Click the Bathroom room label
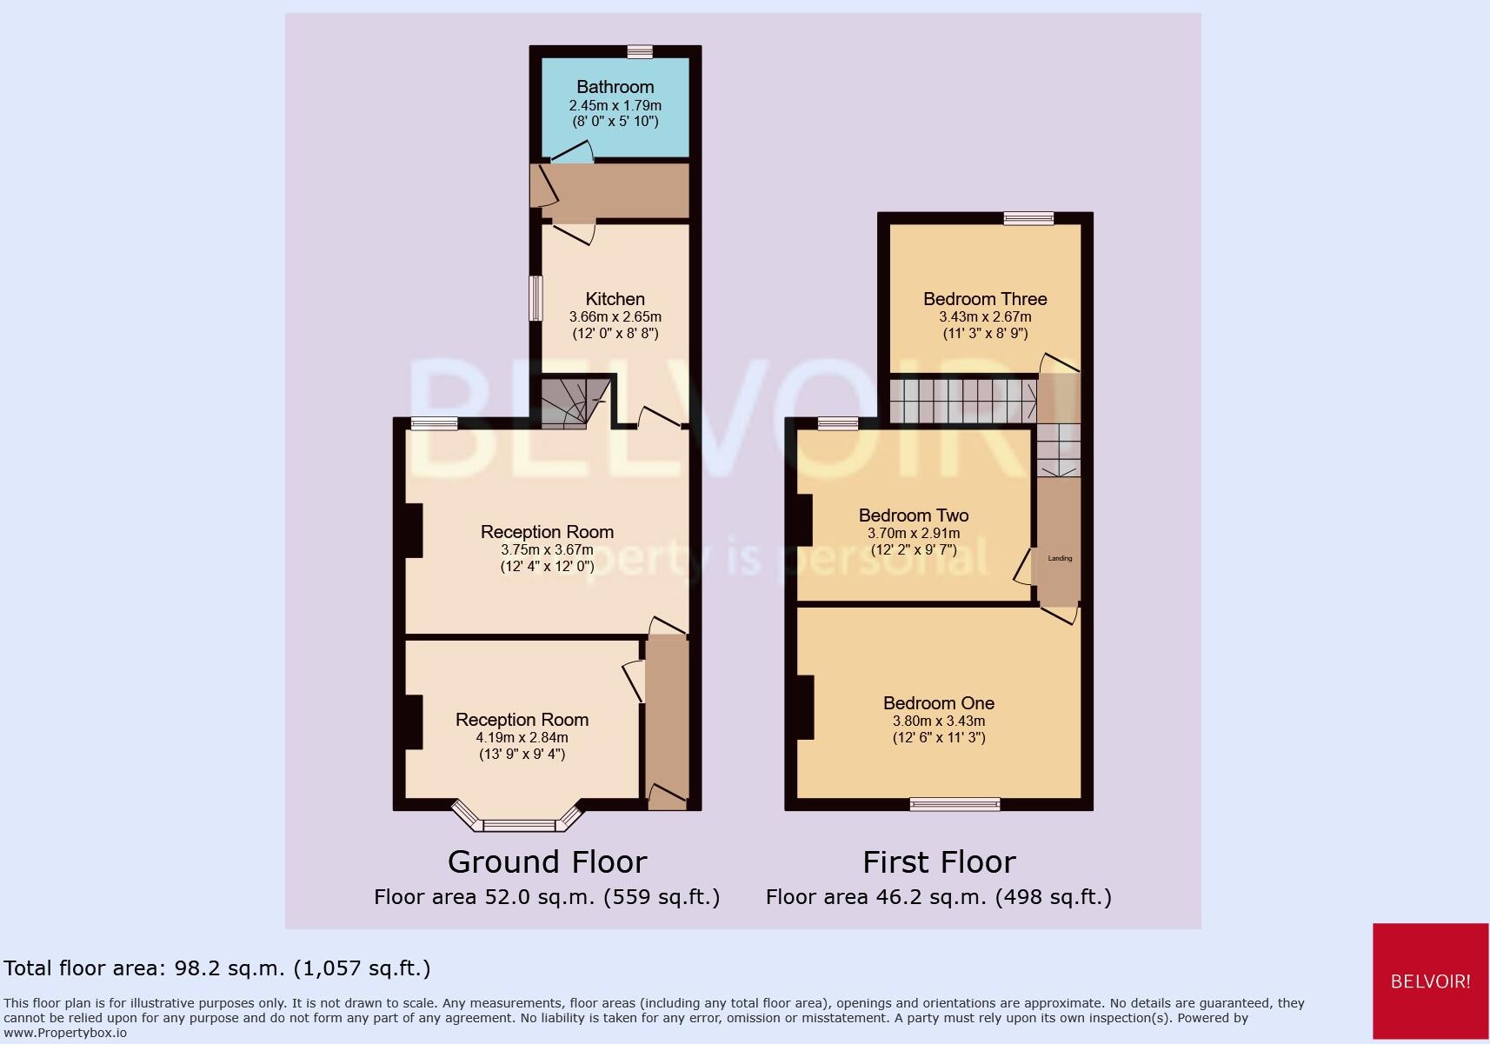click(615, 87)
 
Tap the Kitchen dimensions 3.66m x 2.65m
click(615, 317)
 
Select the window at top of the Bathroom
click(641, 52)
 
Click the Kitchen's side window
click(536, 298)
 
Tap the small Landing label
click(1060, 558)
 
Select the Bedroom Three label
click(985, 299)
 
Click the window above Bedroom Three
click(1028, 219)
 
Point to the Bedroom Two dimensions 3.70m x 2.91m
click(914, 534)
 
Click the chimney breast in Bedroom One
click(805, 708)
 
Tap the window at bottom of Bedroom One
click(955, 804)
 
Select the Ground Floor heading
click(547, 862)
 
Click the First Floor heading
click(939, 862)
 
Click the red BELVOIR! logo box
click(1430, 981)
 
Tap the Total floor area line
click(217, 968)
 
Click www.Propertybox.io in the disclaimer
click(65, 1033)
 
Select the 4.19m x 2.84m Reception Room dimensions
click(522, 737)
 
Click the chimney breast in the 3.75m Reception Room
click(414, 530)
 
